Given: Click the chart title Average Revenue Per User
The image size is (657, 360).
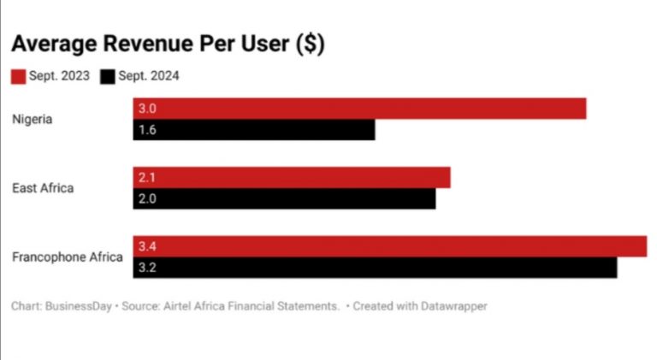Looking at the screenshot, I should (167, 44).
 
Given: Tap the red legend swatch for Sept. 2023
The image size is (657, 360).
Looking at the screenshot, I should (19, 76).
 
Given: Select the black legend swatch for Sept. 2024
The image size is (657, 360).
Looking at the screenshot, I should (108, 76).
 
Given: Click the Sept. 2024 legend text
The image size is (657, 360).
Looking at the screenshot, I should (150, 76).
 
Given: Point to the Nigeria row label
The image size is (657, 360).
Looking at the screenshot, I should (33, 119).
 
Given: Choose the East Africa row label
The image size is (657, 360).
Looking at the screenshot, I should (43, 187).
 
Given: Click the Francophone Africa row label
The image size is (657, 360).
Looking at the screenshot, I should (68, 257).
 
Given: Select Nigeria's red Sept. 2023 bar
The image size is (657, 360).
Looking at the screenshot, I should (359, 109).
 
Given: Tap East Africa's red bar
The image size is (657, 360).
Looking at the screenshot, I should (292, 177).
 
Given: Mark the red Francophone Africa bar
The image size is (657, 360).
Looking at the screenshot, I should (390, 246).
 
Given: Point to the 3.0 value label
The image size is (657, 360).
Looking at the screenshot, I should (147, 109).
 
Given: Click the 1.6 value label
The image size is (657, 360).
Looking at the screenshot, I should (147, 130).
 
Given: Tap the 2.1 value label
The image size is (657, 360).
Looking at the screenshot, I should (147, 177).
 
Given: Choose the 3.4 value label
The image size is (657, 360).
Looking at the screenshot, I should (147, 246).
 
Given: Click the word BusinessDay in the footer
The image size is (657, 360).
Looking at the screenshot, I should (79, 305).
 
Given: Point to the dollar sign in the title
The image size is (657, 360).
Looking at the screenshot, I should (309, 44).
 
